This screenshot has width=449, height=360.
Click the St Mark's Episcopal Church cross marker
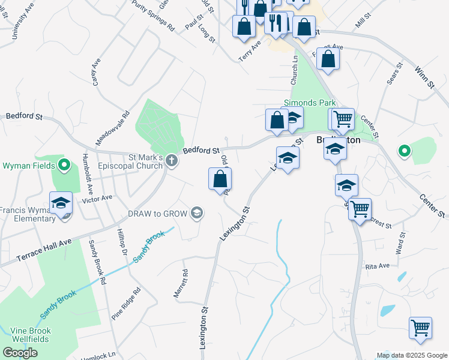pyautogui.click(x=172, y=160)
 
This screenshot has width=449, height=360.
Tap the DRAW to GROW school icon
pyautogui.click(x=196, y=212)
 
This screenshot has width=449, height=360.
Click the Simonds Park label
pyautogui.click(x=310, y=103)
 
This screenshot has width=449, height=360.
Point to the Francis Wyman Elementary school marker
pyautogui.click(x=61, y=204)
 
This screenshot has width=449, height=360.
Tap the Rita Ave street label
pyautogui.click(x=377, y=265)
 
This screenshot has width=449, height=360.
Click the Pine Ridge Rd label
pyautogui.click(x=125, y=303)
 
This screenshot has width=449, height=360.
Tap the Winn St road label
pyautogui.click(x=424, y=78)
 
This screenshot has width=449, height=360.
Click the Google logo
pyautogui.click(x=20, y=353)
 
